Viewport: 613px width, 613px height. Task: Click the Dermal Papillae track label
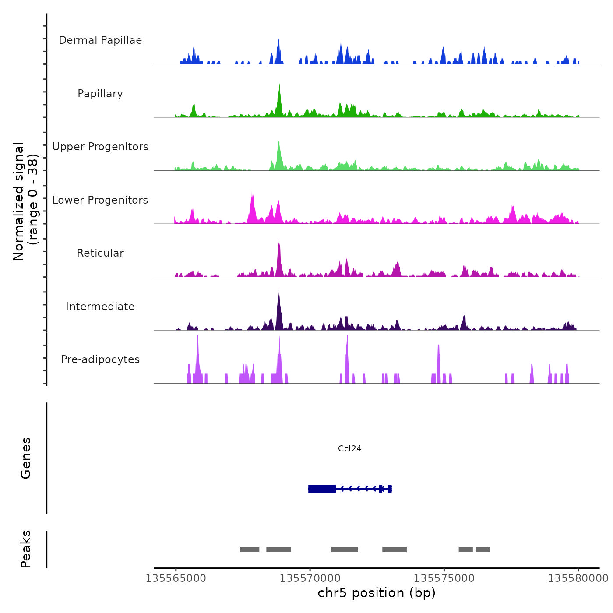coord(100,40)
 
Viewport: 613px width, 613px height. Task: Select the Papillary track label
coord(100,94)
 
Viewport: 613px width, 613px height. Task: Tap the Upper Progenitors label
coord(100,147)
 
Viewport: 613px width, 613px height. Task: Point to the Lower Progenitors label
coord(100,200)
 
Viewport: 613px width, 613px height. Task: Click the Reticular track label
coord(100,253)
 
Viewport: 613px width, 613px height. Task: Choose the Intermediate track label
coord(100,306)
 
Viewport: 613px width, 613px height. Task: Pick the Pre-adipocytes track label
coord(100,359)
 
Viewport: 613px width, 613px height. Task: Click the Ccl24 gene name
coord(350,448)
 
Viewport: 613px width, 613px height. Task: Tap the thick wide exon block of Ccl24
coord(322,489)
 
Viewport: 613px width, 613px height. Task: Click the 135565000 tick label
coord(176,578)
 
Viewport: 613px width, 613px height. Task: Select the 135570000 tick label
coord(310,578)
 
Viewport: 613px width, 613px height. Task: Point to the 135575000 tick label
coord(444,578)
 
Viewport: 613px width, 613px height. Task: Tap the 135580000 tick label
coord(578,578)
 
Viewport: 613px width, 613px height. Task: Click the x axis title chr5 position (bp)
coord(377,593)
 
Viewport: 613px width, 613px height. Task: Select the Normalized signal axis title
coord(25,201)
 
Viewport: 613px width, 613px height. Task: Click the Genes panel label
coord(26,458)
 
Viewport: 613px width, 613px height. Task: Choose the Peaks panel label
coord(26,549)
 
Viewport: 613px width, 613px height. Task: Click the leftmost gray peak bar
coord(250,550)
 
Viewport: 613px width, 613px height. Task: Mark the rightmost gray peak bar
coord(483,550)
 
